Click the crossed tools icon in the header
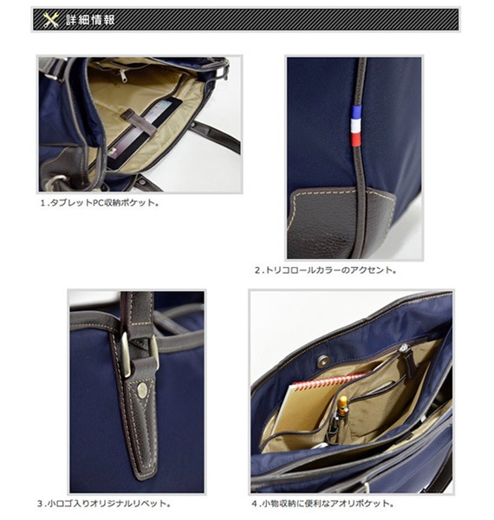point(51,20)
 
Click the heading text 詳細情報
point(90,20)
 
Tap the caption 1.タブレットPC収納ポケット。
point(100,203)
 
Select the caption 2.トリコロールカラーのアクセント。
point(326,270)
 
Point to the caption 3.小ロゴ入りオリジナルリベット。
point(104,504)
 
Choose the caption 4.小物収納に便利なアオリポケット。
point(322,504)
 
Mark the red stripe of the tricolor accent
point(355,139)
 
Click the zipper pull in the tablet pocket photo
point(124,76)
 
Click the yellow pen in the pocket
point(342,406)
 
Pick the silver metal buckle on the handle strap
point(140,354)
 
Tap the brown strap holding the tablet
point(140,123)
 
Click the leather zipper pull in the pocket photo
point(409,361)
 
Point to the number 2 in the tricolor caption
point(257,270)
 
